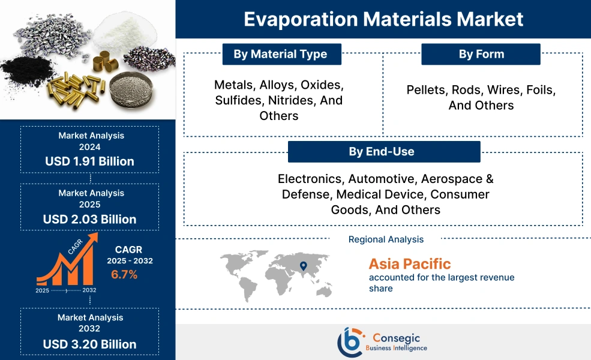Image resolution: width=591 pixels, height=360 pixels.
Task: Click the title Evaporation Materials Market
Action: click(383, 19)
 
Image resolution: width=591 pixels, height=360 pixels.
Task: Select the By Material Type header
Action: click(281, 54)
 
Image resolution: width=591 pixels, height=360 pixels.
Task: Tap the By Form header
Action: click(481, 54)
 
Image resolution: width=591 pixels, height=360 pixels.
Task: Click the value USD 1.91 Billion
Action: click(89, 161)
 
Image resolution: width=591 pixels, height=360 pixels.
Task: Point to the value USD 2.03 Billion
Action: click(89, 219)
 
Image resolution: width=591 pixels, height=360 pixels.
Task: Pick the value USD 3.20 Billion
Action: click(89, 344)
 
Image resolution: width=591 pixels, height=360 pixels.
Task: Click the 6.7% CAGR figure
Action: click(124, 275)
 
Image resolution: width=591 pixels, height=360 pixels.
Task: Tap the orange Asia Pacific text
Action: click(410, 263)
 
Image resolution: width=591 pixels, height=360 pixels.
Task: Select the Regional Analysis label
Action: click(386, 239)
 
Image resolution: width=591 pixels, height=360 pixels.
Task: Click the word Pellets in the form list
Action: click(427, 90)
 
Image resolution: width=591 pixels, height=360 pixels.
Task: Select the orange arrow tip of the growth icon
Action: click(94, 238)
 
